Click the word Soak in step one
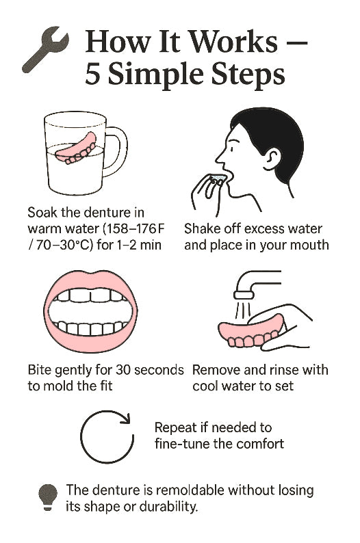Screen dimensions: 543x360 (42, 212)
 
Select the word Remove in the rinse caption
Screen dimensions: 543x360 (216, 370)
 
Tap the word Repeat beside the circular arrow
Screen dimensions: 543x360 (176, 427)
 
